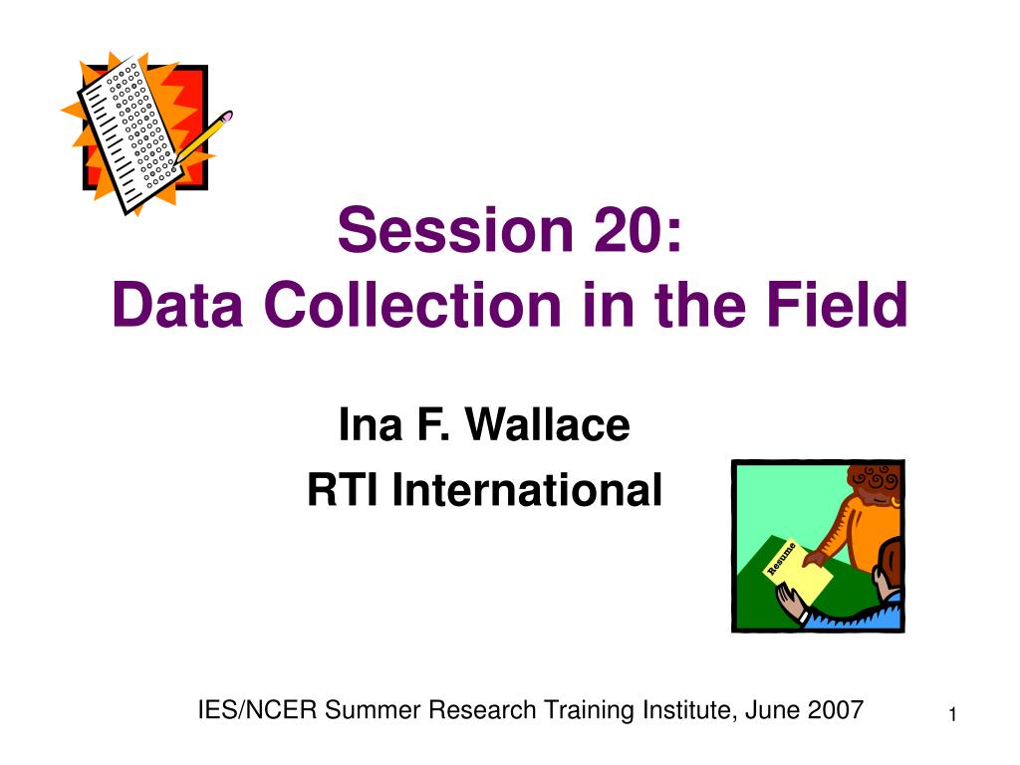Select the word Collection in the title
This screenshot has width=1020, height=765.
(412, 305)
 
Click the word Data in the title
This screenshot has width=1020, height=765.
(177, 305)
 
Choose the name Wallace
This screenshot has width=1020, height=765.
(547, 424)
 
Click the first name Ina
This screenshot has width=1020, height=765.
(371, 424)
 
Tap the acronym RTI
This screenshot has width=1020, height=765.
(343, 490)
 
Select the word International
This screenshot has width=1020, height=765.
(527, 490)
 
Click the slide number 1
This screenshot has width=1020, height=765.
(952, 715)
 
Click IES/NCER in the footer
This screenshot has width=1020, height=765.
(258, 710)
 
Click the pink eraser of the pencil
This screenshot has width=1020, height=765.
(227, 117)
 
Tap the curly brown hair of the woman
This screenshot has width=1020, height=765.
(875, 481)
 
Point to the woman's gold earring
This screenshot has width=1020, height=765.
(895, 502)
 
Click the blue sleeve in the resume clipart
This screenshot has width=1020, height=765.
(854, 614)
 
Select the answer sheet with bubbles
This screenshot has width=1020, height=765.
(130, 134)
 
